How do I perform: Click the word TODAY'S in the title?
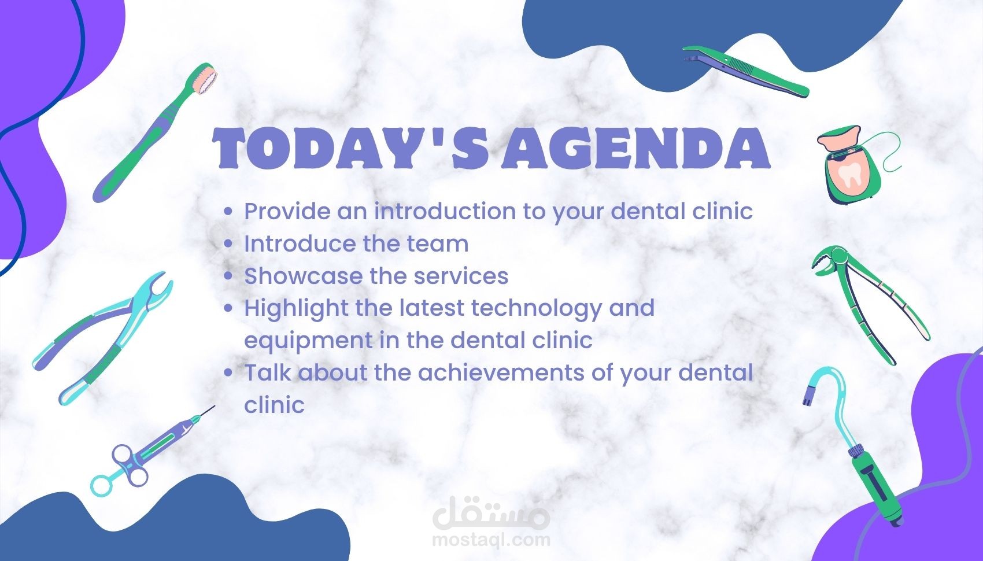pyautogui.click(x=350, y=148)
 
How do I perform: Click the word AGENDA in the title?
pyautogui.click(x=635, y=148)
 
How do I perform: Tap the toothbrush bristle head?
pyautogui.click(x=205, y=78)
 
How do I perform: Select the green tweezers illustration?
pyautogui.click(x=746, y=71)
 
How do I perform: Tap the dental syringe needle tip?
pyautogui.click(x=214, y=407)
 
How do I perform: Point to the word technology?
pyautogui.click(x=536, y=309)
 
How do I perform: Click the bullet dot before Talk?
pyautogui.click(x=228, y=373)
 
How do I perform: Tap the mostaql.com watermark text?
pyautogui.click(x=491, y=540)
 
